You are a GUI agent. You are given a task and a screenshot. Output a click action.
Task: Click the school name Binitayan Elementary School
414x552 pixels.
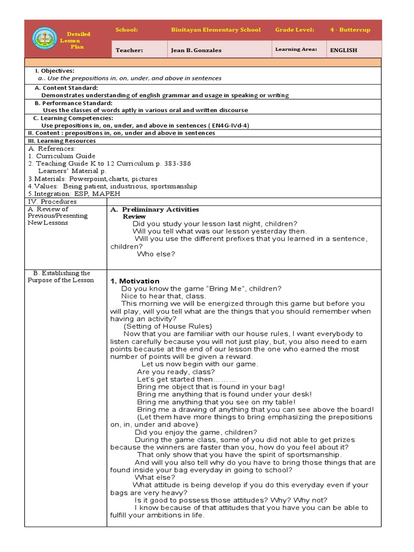pyautogui.click(x=216, y=30)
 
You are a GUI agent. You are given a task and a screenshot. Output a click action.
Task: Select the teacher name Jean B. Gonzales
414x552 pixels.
pyautogui.click(x=196, y=50)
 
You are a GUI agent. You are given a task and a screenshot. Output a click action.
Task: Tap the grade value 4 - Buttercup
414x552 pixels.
pyautogui.click(x=350, y=30)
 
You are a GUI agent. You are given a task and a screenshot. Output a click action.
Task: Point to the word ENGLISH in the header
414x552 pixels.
pyautogui.click(x=344, y=50)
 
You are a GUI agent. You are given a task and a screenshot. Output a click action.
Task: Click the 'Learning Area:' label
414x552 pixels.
pyautogui.click(x=296, y=50)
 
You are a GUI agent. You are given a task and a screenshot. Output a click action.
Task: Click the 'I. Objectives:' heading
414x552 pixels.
pyautogui.click(x=54, y=71)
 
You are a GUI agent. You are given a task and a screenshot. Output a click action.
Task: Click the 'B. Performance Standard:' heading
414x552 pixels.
pyautogui.click(x=73, y=102)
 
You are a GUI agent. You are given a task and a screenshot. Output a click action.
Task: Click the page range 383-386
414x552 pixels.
pyautogui.click(x=174, y=163)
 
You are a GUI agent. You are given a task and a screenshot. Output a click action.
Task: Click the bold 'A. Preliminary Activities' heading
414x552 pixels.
pyautogui.click(x=154, y=209)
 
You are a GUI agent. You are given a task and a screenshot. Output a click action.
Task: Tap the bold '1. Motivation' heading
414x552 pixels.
pyautogui.click(x=135, y=281)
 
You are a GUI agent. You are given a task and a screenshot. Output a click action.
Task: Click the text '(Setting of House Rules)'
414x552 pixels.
pyautogui.click(x=168, y=326)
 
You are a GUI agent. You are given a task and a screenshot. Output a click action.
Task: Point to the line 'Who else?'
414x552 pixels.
pyautogui.click(x=156, y=254)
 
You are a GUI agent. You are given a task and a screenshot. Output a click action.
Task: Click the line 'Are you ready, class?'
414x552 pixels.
pyautogui.click(x=176, y=371)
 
